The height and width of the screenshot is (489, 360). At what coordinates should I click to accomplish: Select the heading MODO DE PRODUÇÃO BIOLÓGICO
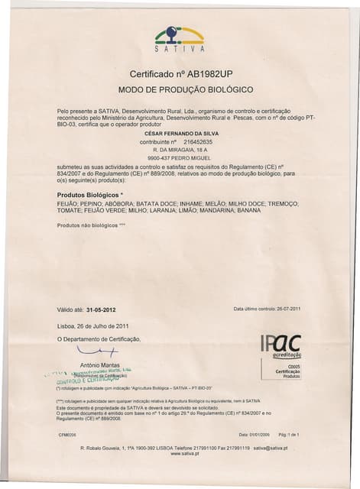pos(180,90)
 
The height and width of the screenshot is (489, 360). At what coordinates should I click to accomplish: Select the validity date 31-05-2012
pos(101,309)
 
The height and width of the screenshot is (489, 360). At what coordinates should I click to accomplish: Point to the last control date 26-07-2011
pos(284,309)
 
